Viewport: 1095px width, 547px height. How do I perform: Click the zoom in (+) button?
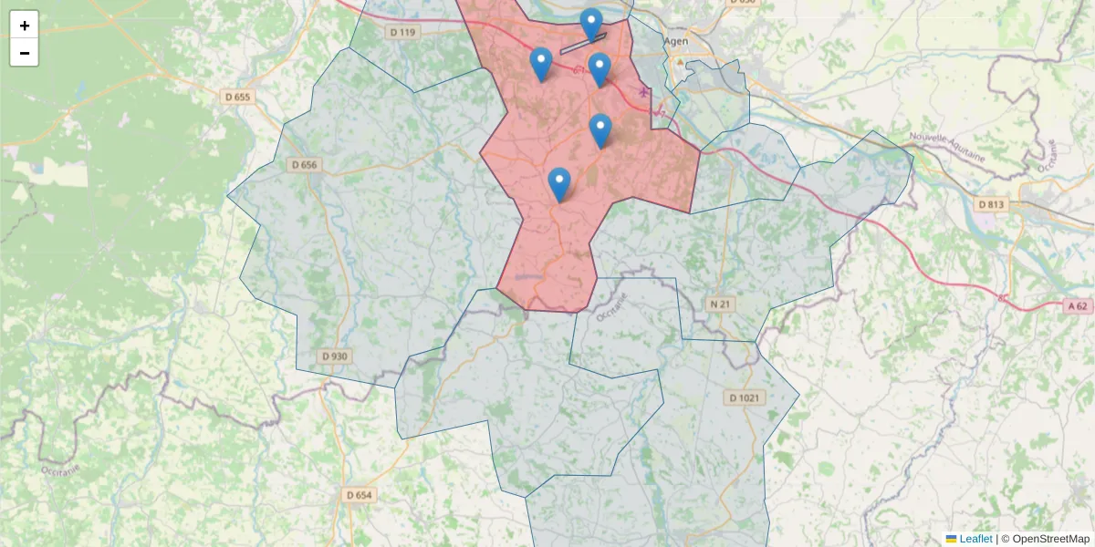(x=25, y=26)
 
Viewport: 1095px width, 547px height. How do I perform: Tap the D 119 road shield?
(x=402, y=33)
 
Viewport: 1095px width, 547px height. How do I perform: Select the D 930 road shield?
(x=335, y=356)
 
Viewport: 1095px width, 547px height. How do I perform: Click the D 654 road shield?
(x=360, y=495)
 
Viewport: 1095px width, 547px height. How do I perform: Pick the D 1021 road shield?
(x=746, y=397)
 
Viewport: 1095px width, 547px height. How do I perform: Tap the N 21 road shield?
(x=721, y=304)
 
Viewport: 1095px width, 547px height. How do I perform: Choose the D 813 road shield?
(x=989, y=204)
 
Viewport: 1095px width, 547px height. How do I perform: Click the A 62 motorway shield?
(x=1079, y=306)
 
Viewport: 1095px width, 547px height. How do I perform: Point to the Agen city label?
(x=676, y=42)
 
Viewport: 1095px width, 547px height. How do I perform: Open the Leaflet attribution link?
(x=975, y=539)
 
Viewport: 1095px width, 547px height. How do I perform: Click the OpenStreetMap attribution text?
(x=1050, y=539)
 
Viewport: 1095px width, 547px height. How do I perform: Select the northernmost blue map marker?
(x=591, y=24)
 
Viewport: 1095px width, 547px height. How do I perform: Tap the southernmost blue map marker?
(x=559, y=184)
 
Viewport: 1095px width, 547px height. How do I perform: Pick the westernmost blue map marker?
(x=541, y=64)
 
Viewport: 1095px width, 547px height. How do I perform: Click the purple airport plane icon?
(x=647, y=91)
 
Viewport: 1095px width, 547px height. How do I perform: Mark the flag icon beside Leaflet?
(x=952, y=539)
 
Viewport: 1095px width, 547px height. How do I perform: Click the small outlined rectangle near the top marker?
(x=583, y=43)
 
